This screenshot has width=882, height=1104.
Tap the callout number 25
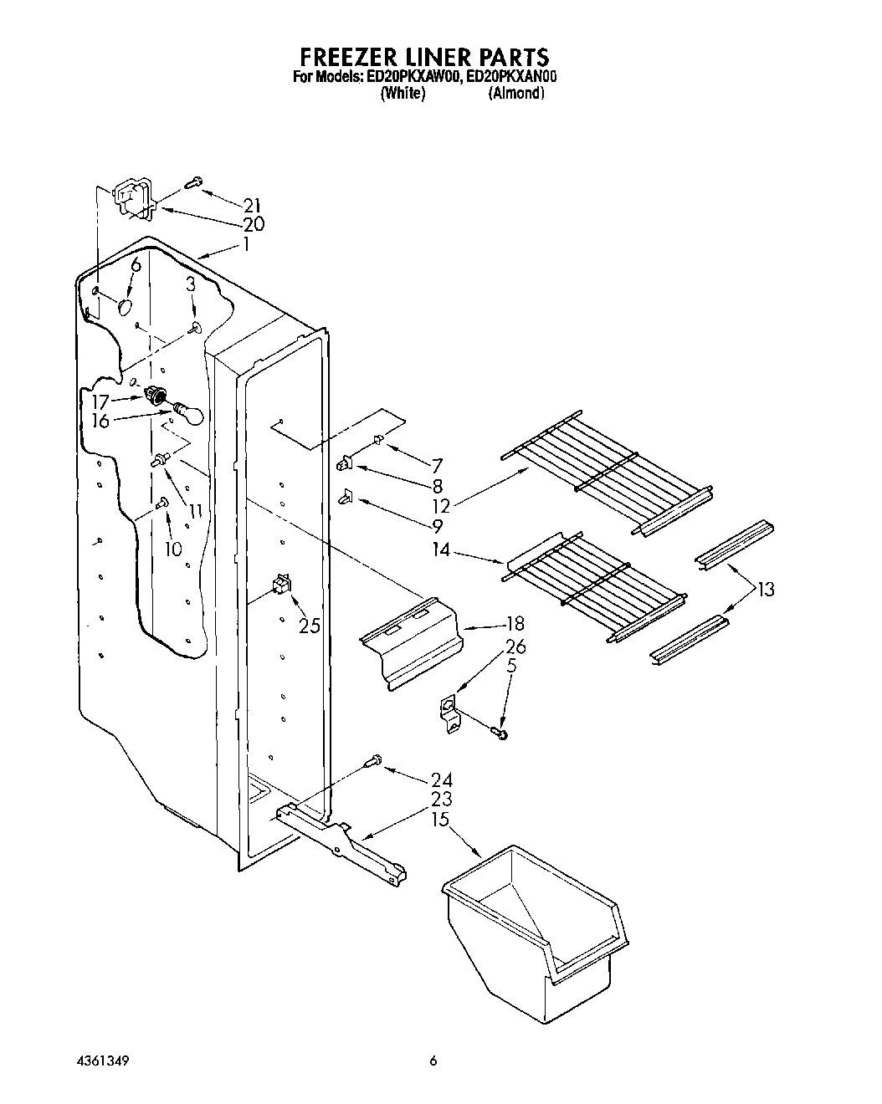[x=310, y=625]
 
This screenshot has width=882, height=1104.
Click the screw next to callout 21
[x=194, y=181]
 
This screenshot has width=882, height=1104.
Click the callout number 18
[x=515, y=623]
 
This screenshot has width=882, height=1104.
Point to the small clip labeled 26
[x=449, y=714]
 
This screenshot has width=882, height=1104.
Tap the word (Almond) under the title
[x=516, y=94]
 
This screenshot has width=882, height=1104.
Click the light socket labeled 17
[x=154, y=396]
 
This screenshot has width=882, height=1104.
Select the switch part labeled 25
[x=281, y=584]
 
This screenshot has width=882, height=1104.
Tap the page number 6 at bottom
[x=433, y=1061]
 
